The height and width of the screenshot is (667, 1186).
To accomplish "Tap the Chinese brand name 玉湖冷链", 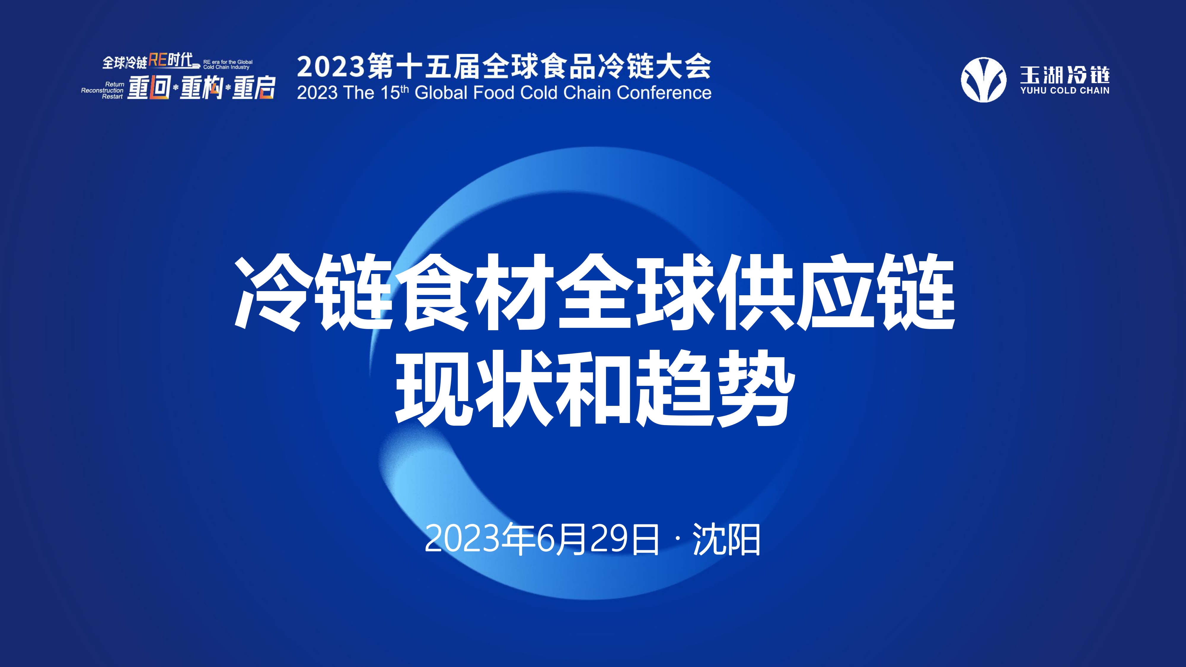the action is [x=1065, y=75].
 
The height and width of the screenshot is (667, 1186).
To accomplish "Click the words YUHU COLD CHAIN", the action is [x=1065, y=91].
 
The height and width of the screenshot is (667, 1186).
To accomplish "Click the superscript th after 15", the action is [x=405, y=88].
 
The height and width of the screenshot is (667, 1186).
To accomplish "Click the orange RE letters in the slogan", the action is [x=157, y=60].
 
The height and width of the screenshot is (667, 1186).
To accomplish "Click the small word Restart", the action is [x=113, y=97].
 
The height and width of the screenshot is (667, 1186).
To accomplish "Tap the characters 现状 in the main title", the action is [x=475, y=387].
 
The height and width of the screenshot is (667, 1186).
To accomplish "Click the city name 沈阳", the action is [x=726, y=539].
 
